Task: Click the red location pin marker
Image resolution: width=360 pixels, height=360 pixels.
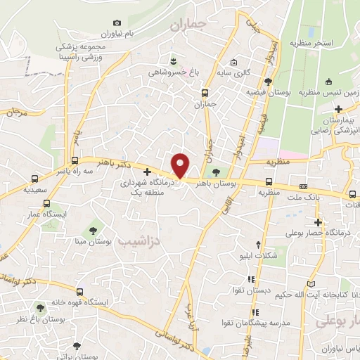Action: pos(181,165)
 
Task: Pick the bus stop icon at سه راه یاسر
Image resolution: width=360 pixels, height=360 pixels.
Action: pos(75,160)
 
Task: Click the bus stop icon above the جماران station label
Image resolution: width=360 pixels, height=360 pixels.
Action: pos(205,93)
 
